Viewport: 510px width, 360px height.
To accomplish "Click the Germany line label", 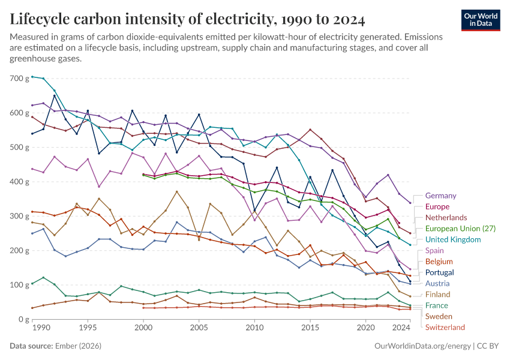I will pyautogui.click(x=440, y=196).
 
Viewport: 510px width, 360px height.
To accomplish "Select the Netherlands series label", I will pyautogui.click(x=446, y=217).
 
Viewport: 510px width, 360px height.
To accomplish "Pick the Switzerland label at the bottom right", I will pyautogui.click(x=445, y=327).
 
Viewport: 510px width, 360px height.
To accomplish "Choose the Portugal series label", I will pyautogui.click(x=439, y=272).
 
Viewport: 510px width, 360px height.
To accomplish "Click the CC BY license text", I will pyautogui.click(x=488, y=346).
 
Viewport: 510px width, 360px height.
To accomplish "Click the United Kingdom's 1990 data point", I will pyautogui.click(x=32, y=77).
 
